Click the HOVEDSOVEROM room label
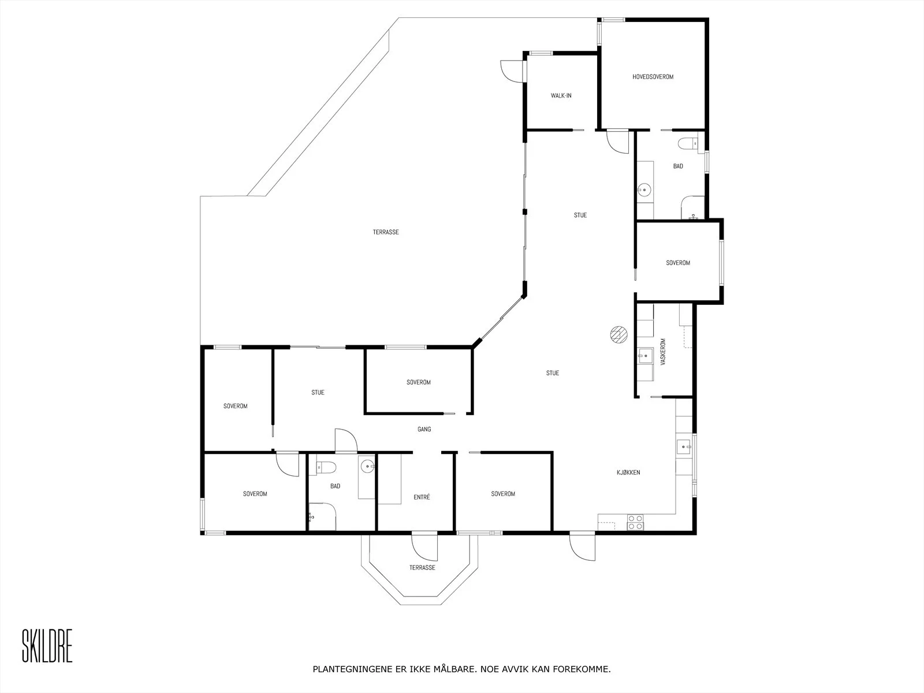click(x=653, y=77)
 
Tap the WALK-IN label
click(x=561, y=95)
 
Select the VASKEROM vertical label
click(x=663, y=352)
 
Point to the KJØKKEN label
click(x=628, y=472)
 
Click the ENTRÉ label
click(x=422, y=497)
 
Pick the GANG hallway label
click(x=424, y=429)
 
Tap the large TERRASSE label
click(x=386, y=232)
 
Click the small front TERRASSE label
click(x=422, y=568)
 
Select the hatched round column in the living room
click(x=619, y=335)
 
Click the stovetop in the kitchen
click(x=635, y=522)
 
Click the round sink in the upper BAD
click(x=644, y=190)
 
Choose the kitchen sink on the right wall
click(x=684, y=446)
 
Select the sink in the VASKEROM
click(x=644, y=356)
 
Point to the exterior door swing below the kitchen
click(x=583, y=546)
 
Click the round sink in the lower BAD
click(x=367, y=466)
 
